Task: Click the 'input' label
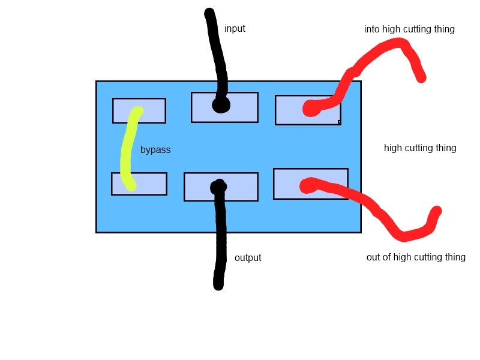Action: pos(235,28)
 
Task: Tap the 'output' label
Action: pos(248,258)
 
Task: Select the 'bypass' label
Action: pos(155,150)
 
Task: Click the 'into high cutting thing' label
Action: pos(409,29)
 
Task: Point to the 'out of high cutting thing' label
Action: pos(416,257)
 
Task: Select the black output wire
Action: pos(220,236)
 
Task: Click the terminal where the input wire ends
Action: pos(224,107)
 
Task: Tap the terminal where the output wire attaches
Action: pos(221,187)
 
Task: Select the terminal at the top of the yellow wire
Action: pos(139,110)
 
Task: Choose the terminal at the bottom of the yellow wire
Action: pos(139,184)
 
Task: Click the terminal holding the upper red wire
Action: pos(308,110)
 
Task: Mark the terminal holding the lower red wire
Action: pos(311,184)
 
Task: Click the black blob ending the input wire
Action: pos(221,106)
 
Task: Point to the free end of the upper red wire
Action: pos(422,78)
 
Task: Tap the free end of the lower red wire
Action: pos(437,211)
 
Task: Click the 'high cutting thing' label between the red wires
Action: pos(420,148)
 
